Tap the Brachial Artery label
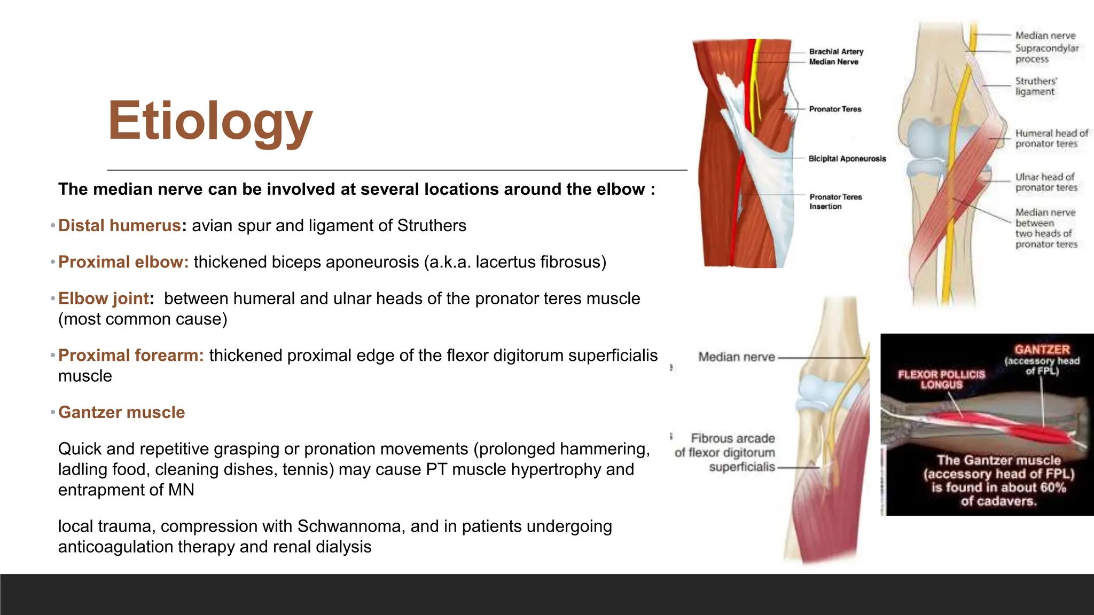coord(836,52)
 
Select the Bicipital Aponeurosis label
coord(847,159)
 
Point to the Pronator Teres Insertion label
coord(835,202)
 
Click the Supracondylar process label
coord(1046,53)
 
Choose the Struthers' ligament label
coord(1035,86)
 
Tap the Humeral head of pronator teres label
coord(1051,138)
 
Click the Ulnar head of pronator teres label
coord(1046,182)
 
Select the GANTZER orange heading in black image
coord(1042,350)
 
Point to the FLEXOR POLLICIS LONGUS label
coord(941,380)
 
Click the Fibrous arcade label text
coord(732,438)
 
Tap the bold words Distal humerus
coord(119,226)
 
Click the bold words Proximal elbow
coord(123,262)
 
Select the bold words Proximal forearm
coord(131,356)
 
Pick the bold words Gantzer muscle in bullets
coord(121,413)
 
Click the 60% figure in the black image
coord(1052,488)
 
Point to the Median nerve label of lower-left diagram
coord(736,357)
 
